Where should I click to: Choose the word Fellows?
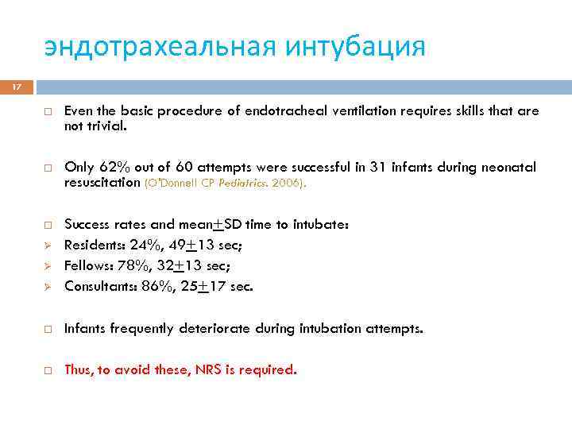(x=87, y=265)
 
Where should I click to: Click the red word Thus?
(x=78, y=369)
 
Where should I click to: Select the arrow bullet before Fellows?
(x=48, y=265)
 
